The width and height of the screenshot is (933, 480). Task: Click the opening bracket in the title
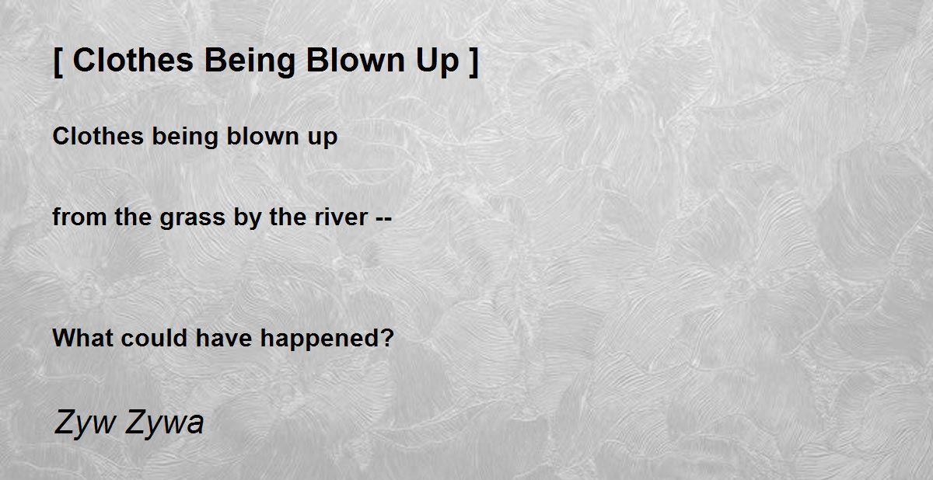[58, 62]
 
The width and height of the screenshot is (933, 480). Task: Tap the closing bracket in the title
[474, 62]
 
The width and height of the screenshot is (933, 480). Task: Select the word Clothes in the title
[133, 61]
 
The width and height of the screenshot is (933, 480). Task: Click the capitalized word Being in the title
[250, 62]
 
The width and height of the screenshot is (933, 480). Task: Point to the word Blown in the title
[355, 61]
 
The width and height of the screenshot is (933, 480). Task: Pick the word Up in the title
[437, 62]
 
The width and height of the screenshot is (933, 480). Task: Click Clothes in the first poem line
[98, 136]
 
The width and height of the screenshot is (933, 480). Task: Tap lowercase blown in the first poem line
[263, 136]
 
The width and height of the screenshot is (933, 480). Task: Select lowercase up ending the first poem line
[323, 138]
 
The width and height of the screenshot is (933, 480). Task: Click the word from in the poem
[79, 217]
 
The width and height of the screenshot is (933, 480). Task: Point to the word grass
[193, 219]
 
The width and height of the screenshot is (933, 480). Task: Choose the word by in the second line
[247, 218]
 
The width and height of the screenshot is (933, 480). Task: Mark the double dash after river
[383, 218]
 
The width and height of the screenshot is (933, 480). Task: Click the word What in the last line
[83, 338]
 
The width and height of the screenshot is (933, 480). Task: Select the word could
[154, 338]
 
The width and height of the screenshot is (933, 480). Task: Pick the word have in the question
[224, 338]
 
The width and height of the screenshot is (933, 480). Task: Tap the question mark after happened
[386, 338]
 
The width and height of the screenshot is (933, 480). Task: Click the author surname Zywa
[165, 423]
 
